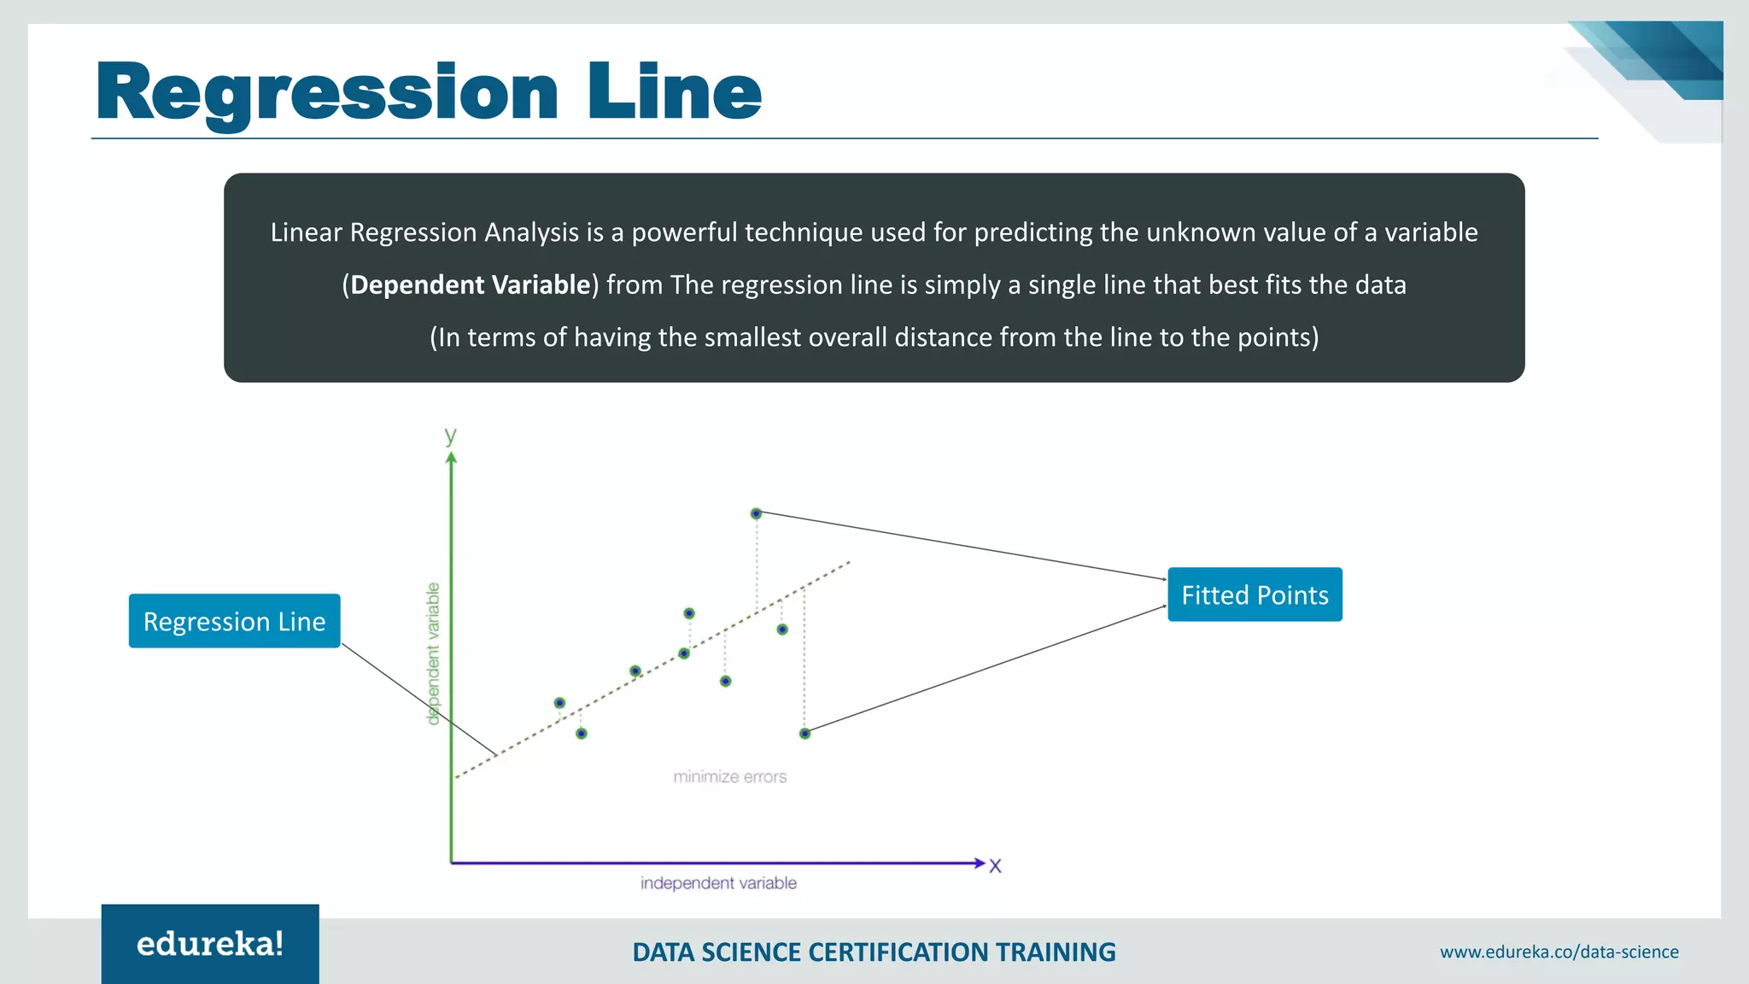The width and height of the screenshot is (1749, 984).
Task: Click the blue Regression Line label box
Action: (x=234, y=621)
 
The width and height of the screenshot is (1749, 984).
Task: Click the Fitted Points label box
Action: (x=1254, y=594)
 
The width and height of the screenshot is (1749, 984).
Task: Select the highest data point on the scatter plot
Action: (x=756, y=513)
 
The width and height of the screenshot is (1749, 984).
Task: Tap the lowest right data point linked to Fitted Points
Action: (x=804, y=733)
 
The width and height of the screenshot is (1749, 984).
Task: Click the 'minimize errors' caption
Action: (x=729, y=776)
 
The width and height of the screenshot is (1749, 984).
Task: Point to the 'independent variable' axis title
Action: (x=718, y=883)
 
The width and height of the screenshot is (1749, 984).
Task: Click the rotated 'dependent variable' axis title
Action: (x=433, y=653)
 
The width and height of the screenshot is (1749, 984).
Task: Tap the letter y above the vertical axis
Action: (x=450, y=436)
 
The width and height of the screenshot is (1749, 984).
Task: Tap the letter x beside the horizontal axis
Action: (x=995, y=866)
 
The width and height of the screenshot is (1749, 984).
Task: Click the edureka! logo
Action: (x=210, y=944)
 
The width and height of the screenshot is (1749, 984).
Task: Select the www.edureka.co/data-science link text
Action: (x=1559, y=952)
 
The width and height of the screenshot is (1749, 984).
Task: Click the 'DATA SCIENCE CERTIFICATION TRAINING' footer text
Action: (x=874, y=952)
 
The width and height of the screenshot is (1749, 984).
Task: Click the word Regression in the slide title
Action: (x=327, y=92)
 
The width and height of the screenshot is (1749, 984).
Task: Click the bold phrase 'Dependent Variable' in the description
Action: (x=471, y=284)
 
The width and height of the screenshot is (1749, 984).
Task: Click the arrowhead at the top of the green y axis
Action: (x=451, y=459)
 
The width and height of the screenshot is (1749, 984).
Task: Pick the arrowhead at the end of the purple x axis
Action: (x=979, y=863)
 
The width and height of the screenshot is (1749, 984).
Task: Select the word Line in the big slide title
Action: (x=674, y=92)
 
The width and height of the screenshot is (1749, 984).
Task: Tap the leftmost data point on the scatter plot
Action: (x=559, y=703)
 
